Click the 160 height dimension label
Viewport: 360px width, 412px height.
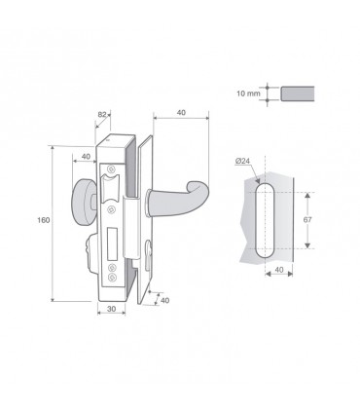[44, 220]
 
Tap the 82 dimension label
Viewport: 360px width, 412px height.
[102, 114]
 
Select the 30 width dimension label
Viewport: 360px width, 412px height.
[111, 309]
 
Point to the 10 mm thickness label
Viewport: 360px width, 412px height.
[248, 94]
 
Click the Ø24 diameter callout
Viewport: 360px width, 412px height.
[242, 161]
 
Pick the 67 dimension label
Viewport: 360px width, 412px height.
[307, 220]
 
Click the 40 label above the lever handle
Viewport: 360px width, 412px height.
[181, 113]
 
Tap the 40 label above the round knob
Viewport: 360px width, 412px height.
[86, 157]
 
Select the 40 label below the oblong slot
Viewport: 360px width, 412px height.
[279, 270]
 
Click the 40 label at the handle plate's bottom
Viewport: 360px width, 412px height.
[164, 300]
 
